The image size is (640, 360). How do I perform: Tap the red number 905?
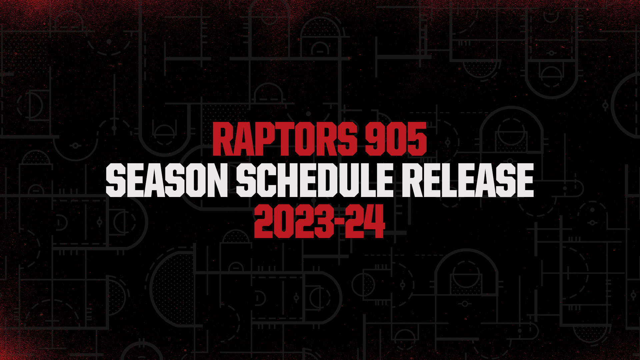coord(396,139)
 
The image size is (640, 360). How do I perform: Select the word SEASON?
coord(167,180)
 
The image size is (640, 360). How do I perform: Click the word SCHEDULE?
coord(315,180)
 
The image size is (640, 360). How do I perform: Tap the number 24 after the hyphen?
coord(365,221)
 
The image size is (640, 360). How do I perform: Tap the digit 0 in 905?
coord(396,139)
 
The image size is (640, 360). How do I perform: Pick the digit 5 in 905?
coord(417,139)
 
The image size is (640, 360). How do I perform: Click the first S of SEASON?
coord(116,180)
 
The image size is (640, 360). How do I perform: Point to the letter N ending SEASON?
coord(217,180)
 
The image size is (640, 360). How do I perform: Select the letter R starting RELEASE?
coord(412,180)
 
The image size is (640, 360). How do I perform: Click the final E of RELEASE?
coord(525,180)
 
